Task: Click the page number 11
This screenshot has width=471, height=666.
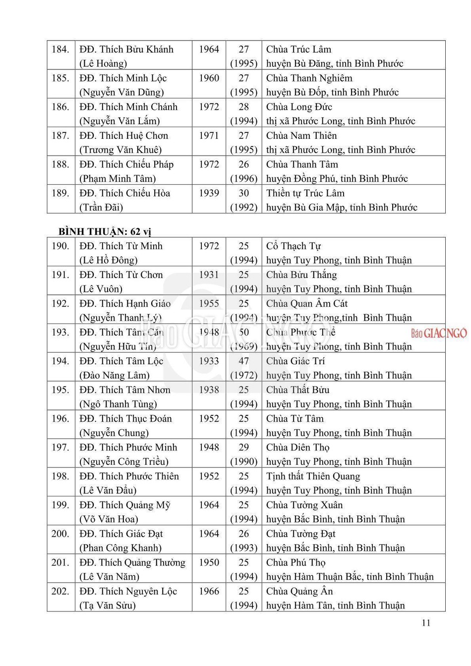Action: point(426,623)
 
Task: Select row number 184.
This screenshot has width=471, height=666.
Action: point(60,49)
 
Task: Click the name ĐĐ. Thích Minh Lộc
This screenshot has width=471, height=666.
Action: point(123,78)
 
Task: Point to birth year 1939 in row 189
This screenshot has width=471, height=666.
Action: point(209,193)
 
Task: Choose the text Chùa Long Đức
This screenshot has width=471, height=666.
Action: point(299,107)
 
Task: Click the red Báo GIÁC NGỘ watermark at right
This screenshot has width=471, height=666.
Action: point(439,333)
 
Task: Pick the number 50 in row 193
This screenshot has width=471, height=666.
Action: point(244,332)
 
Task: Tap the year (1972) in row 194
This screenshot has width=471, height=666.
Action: point(244,375)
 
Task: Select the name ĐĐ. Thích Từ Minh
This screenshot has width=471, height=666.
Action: point(121,246)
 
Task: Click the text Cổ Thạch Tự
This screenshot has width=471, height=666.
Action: point(294,246)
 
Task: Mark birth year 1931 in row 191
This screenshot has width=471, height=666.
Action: point(209,275)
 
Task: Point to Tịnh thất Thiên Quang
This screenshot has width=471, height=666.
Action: point(313,476)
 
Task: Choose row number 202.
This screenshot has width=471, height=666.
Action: point(60,591)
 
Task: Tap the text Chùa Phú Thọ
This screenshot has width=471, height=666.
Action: point(295,562)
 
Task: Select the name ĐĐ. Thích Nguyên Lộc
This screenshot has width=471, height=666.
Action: point(128,591)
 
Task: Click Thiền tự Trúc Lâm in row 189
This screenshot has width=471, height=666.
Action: point(305,193)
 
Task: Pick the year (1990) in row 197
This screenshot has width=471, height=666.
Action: point(244,461)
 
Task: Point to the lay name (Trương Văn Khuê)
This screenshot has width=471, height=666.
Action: point(120,149)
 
